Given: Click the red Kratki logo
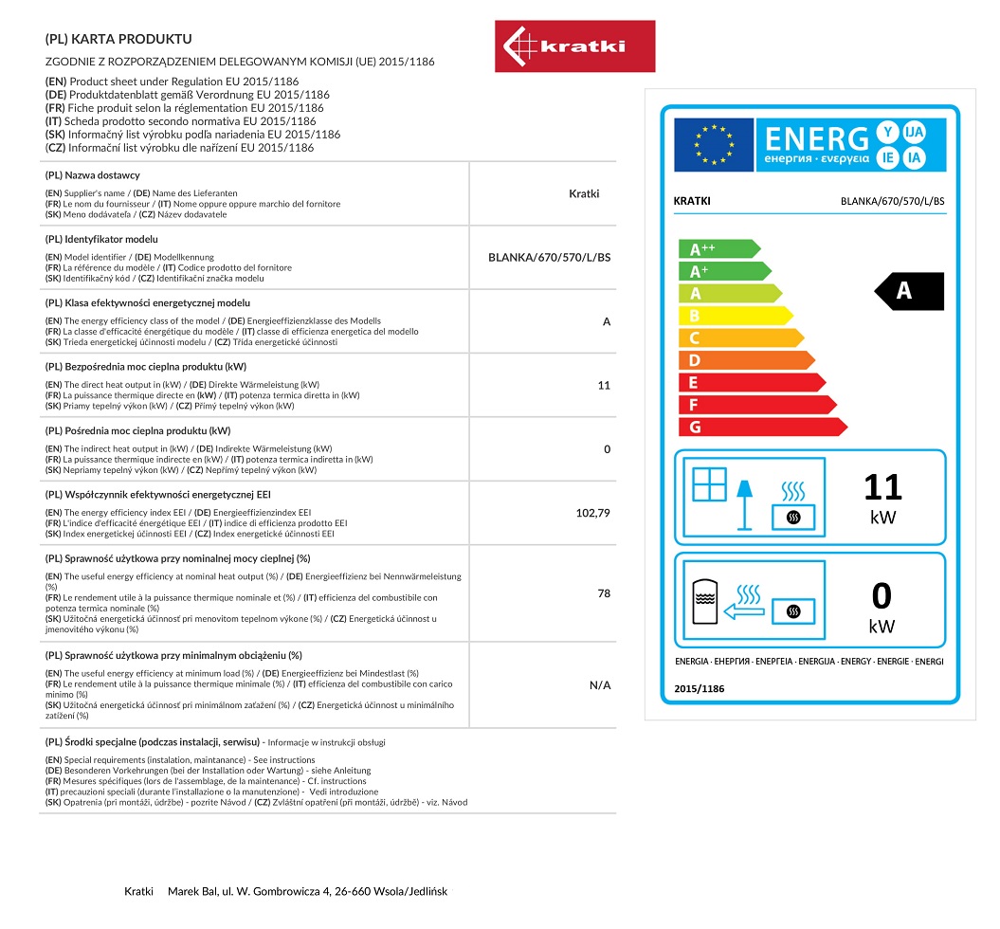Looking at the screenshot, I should pos(574,46).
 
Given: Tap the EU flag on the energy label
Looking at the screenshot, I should pos(714,144).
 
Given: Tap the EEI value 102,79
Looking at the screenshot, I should pos(592,513).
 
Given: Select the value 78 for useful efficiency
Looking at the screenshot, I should pos(604,593).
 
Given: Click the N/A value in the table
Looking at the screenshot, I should pos(600,684).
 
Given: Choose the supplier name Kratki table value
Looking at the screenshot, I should pos(584,193).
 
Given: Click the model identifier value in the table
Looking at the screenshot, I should pos(549,257).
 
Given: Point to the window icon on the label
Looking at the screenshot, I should pos(709,484).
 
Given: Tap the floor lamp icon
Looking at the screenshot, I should pos(745,502).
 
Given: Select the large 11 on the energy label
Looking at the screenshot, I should pos(882,487).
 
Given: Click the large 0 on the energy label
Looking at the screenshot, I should pos(882,596).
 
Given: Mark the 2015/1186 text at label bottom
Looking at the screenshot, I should pos(700,689).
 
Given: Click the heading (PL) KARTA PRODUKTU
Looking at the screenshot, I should pos(118,39).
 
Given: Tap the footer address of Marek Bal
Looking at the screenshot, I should pos(309,891).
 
